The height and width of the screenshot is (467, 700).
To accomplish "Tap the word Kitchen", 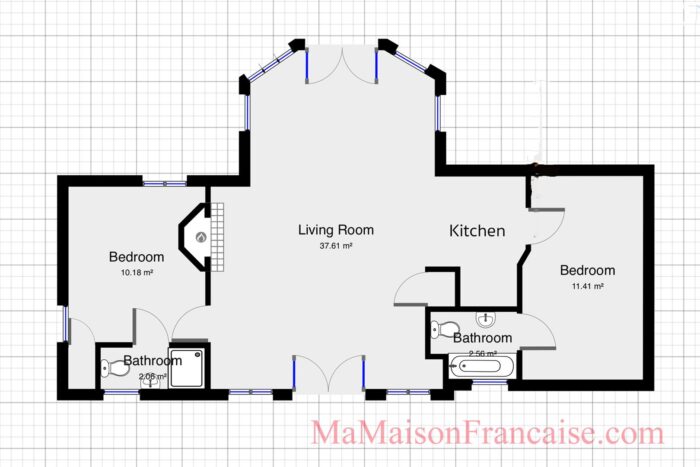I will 477,231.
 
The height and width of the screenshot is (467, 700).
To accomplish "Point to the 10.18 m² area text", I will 136,272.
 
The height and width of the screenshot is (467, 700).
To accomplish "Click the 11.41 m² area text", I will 587,286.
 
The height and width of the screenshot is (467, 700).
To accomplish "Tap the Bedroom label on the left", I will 136,257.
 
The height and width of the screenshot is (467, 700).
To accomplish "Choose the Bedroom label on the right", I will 587,270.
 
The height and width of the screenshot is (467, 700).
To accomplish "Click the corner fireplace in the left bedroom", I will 200,237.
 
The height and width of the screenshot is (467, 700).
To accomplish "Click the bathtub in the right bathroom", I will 482,367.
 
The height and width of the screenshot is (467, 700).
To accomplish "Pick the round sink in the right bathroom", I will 487,320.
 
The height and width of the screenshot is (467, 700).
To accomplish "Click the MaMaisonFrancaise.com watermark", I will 487,434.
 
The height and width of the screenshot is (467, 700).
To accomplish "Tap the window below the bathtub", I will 489,383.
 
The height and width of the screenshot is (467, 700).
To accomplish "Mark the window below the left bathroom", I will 121,392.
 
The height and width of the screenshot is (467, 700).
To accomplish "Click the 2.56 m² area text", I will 483,353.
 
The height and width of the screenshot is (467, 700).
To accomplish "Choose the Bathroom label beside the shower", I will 152,361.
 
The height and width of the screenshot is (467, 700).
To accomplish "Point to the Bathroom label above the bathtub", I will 483,338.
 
